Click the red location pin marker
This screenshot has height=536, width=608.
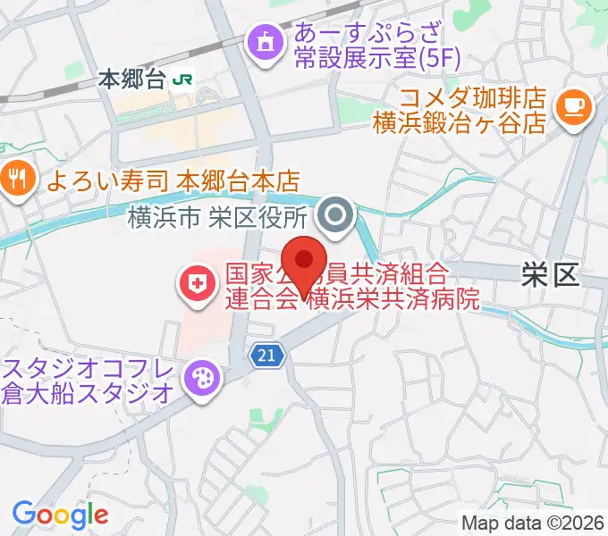pyautogui.click(x=305, y=264)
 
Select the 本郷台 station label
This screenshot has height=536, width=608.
pyautogui.click(x=132, y=80)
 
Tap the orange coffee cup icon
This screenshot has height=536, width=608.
pyautogui.click(x=572, y=106)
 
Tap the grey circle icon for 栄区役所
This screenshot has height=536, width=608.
pyautogui.click(x=337, y=215)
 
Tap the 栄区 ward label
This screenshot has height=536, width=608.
pyautogui.click(x=550, y=275)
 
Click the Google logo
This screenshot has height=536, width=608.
pyautogui.click(x=60, y=514)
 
